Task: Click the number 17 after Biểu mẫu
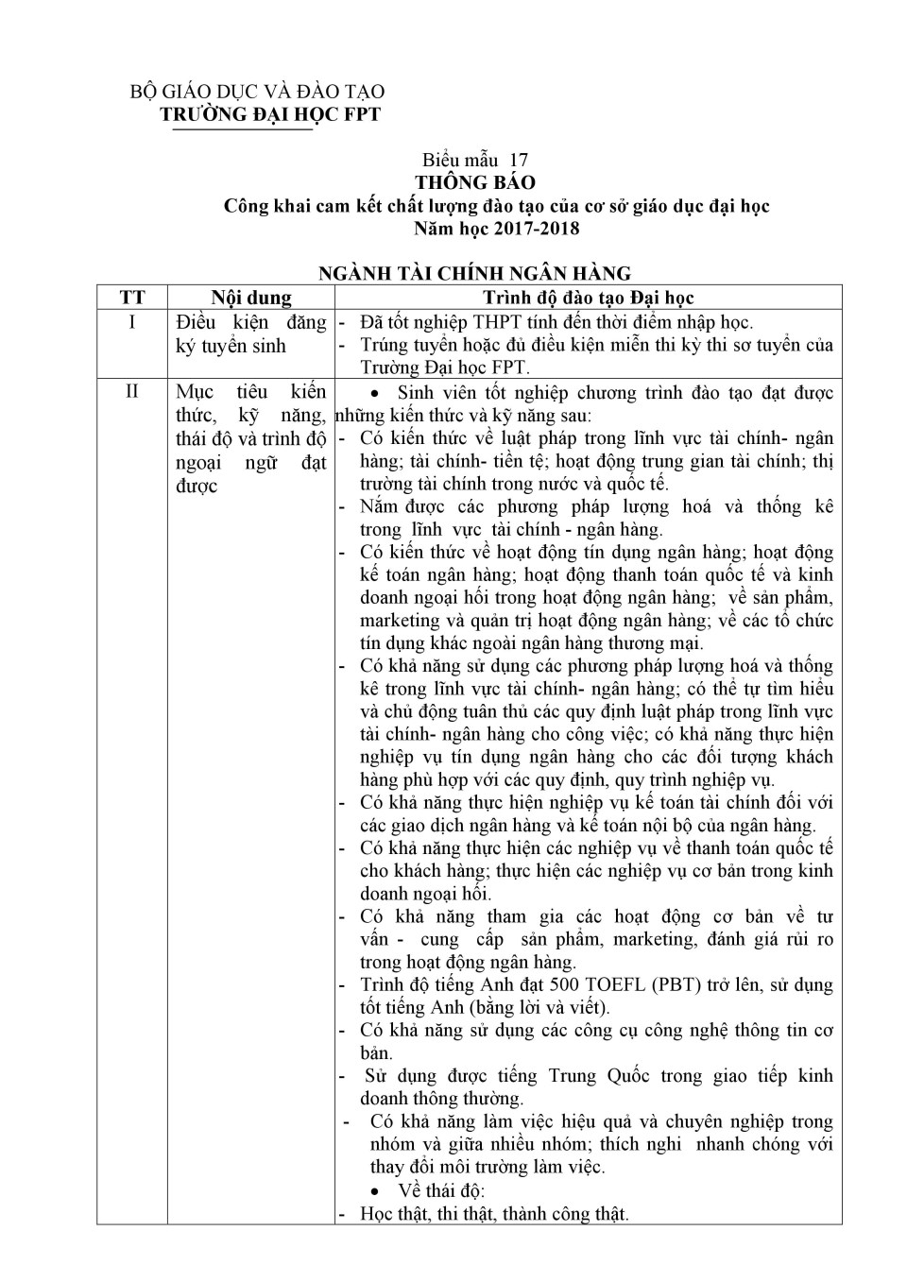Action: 519,160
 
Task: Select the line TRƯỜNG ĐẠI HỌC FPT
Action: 270,114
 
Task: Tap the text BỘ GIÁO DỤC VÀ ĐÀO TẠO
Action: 257,92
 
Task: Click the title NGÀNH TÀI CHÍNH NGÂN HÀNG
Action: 475,273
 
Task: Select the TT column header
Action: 132,298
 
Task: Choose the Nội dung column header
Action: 251,298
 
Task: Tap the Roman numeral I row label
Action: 132,322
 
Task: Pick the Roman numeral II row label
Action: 132,391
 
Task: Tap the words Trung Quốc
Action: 599,1076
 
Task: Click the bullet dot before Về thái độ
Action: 378,1191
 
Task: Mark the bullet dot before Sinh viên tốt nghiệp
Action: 378,393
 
